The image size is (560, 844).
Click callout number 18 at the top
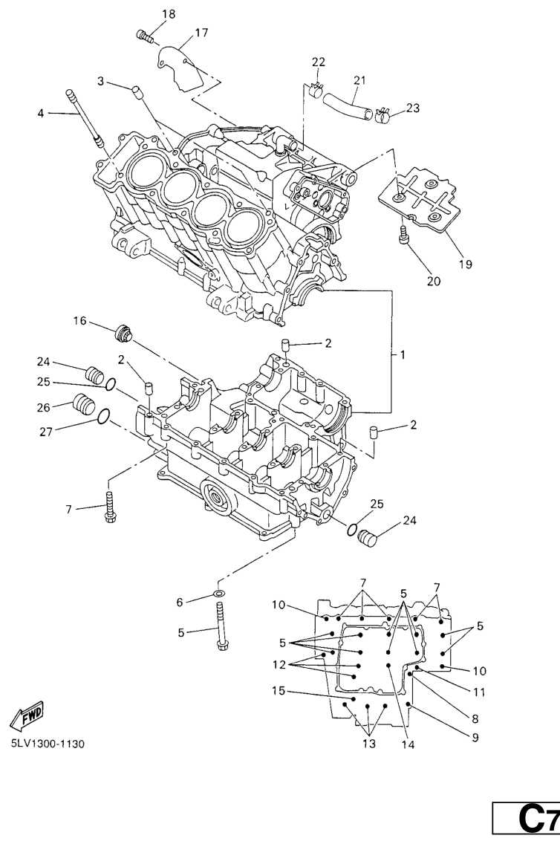pos(169,14)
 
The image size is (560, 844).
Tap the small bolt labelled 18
pos(144,33)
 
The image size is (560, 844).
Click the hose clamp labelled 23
pos(383,115)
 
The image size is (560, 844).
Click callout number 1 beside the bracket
pos(403,355)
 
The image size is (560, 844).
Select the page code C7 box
pos(527,820)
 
